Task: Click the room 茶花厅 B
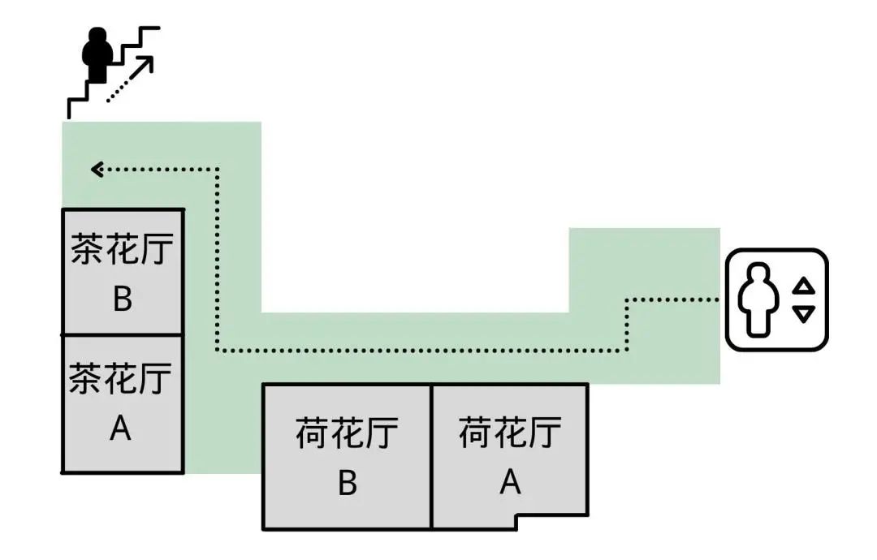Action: (x=123, y=272)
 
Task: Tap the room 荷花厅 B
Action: (x=347, y=457)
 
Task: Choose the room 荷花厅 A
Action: (x=509, y=451)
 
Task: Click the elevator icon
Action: (x=776, y=299)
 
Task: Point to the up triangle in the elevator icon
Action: (x=803, y=285)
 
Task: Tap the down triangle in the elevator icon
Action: (x=803, y=314)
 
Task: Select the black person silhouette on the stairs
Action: (x=97, y=55)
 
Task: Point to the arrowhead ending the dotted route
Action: (x=97, y=170)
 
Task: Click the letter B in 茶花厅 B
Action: (x=122, y=299)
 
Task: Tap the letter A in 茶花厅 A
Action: (x=120, y=428)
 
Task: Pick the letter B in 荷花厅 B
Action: (x=347, y=484)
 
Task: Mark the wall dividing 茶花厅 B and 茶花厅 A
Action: (x=123, y=334)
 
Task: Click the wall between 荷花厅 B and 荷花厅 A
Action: (x=431, y=457)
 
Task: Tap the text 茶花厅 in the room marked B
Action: (x=123, y=251)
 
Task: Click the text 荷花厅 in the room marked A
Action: (x=510, y=432)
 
